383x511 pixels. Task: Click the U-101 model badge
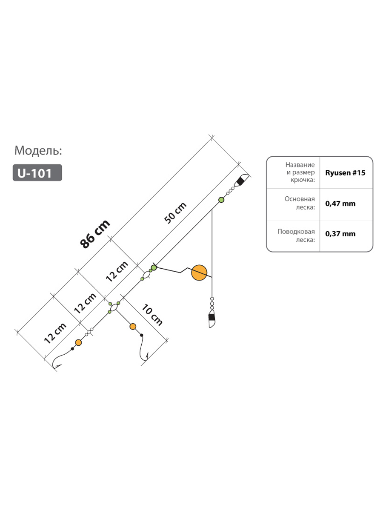[37, 172]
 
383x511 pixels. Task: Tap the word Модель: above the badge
[38, 150]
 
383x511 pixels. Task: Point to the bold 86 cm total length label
[95, 233]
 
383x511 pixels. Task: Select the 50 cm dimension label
[175, 213]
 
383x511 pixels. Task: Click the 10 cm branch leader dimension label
[152, 315]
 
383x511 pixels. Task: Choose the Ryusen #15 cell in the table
[345, 173]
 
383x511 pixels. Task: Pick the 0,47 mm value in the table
[340, 204]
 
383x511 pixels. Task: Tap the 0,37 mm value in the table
[340, 234]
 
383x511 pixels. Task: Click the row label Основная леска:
[300, 203]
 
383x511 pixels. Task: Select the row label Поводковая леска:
[296, 235]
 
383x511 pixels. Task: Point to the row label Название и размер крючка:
[300, 172]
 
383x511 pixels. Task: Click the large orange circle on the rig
[199, 273]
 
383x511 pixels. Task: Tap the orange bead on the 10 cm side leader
[133, 326]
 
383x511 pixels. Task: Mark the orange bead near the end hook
[78, 342]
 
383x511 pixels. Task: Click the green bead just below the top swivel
[221, 200]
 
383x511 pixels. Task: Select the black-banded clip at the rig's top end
[242, 180]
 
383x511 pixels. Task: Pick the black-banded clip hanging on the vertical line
[212, 318]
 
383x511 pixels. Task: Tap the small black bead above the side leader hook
[141, 335]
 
